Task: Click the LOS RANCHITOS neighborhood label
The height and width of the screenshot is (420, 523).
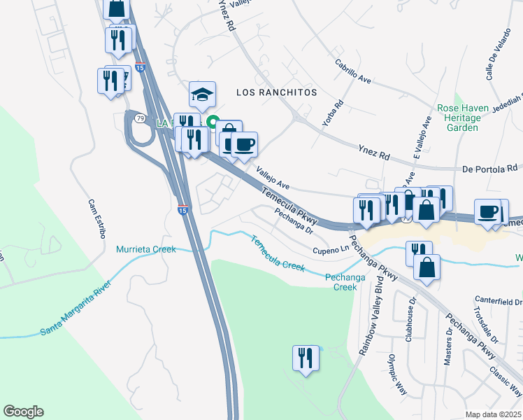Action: tap(276, 92)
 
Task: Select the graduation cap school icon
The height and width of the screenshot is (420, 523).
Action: tap(202, 94)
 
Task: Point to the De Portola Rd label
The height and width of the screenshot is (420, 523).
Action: tap(489, 169)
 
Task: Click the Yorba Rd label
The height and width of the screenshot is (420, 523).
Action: tap(338, 113)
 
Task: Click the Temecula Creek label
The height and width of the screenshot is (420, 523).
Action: tap(278, 253)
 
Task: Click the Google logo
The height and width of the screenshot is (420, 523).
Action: tap(23, 412)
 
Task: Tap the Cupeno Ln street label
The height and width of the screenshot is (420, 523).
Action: tap(330, 249)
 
